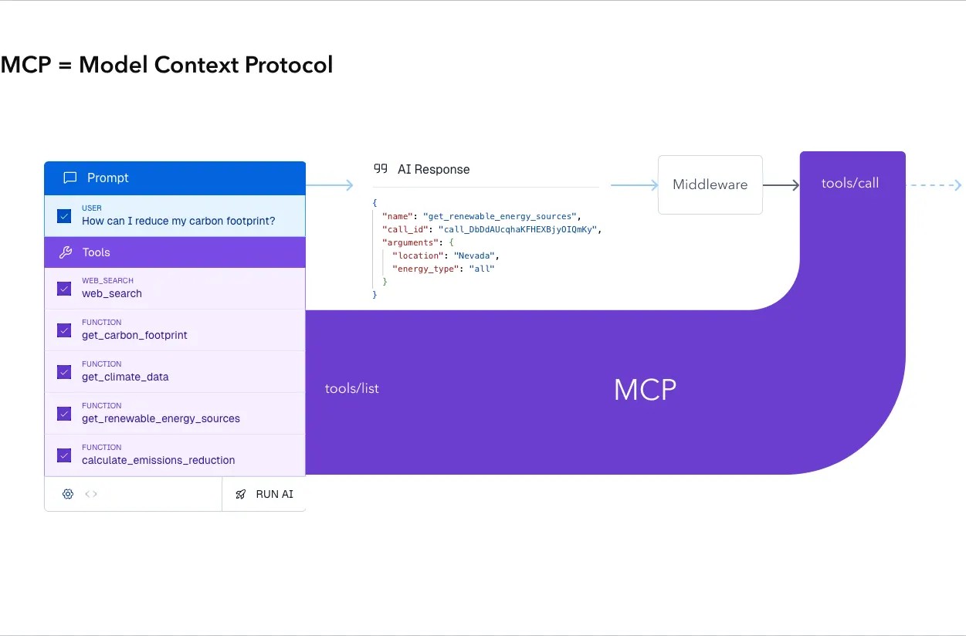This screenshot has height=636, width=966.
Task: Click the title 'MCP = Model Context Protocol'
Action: [x=167, y=65]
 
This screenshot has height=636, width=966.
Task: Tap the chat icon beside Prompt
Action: [x=69, y=178]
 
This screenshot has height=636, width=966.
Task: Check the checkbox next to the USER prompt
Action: [x=65, y=215]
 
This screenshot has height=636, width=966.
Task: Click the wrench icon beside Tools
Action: [x=66, y=252]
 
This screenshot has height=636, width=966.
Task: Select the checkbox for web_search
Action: [x=65, y=288]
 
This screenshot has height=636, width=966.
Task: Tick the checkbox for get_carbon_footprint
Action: [x=65, y=330]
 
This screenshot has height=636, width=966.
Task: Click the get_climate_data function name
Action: [x=125, y=377]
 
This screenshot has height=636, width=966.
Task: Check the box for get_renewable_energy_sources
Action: [x=65, y=413]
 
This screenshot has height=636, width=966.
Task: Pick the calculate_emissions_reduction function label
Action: [x=158, y=460]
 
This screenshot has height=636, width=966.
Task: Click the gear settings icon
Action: [x=68, y=494]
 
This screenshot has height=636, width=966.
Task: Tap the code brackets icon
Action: [x=91, y=494]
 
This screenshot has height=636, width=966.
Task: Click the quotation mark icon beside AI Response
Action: [x=381, y=169]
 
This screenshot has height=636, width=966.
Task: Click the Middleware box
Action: [x=710, y=184]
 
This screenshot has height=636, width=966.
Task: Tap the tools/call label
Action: [x=850, y=183]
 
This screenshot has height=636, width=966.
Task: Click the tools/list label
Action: [x=352, y=388]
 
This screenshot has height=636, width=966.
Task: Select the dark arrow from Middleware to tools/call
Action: [x=781, y=185]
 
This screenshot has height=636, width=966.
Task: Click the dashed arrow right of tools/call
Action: [x=934, y=185]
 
